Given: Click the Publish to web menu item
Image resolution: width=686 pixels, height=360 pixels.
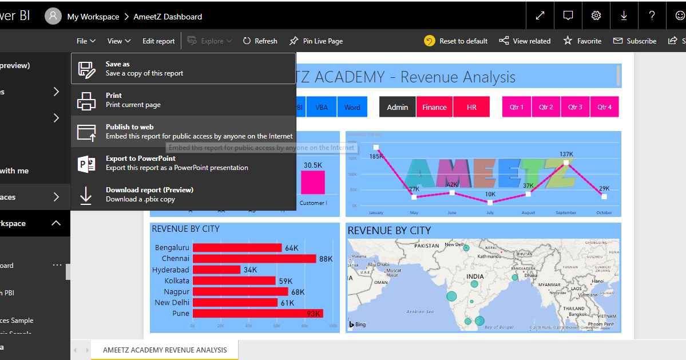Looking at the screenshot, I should (x=183, y=132).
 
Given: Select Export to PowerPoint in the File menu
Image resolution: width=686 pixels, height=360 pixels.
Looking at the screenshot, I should (x=183, y=163).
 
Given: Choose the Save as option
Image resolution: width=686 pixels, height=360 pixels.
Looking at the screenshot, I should (x=183, y=69).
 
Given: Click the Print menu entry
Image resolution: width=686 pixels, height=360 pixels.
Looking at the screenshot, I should (x=183, y=100).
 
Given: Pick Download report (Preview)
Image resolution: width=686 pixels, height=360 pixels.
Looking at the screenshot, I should (x=183, y=195).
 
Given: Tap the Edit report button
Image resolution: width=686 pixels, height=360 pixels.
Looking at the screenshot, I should (x=158, y=41).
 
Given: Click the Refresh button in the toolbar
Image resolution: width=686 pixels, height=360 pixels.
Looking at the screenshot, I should (x=260, y=41).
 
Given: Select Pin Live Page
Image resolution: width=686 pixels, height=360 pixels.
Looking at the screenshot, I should (x=316, y=41).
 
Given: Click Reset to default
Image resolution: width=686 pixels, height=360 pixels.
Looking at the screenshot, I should (x=456, y=41).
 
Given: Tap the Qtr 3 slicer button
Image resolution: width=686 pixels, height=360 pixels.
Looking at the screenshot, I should (x=575, y=107).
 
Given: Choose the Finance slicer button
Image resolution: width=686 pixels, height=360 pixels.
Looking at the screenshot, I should (x=434, y=107).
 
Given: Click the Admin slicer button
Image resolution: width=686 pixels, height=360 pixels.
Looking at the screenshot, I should (x=398, y=107).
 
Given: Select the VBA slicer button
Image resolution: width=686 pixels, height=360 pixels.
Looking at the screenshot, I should (x=322, y=107).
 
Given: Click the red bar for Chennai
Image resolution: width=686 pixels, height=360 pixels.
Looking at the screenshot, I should (x=254, y=259).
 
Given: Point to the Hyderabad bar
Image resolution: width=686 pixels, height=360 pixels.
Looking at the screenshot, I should (x=216, y=270).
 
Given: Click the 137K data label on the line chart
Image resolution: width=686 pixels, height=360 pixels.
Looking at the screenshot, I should (x=566, y=154).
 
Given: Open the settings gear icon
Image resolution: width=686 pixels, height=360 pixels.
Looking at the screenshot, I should (x=596, y=15).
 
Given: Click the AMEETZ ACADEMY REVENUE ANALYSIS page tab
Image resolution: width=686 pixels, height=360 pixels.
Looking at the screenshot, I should (x=165, y=350).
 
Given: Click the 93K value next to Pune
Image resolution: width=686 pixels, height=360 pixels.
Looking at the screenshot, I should (x=330, y=314).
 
